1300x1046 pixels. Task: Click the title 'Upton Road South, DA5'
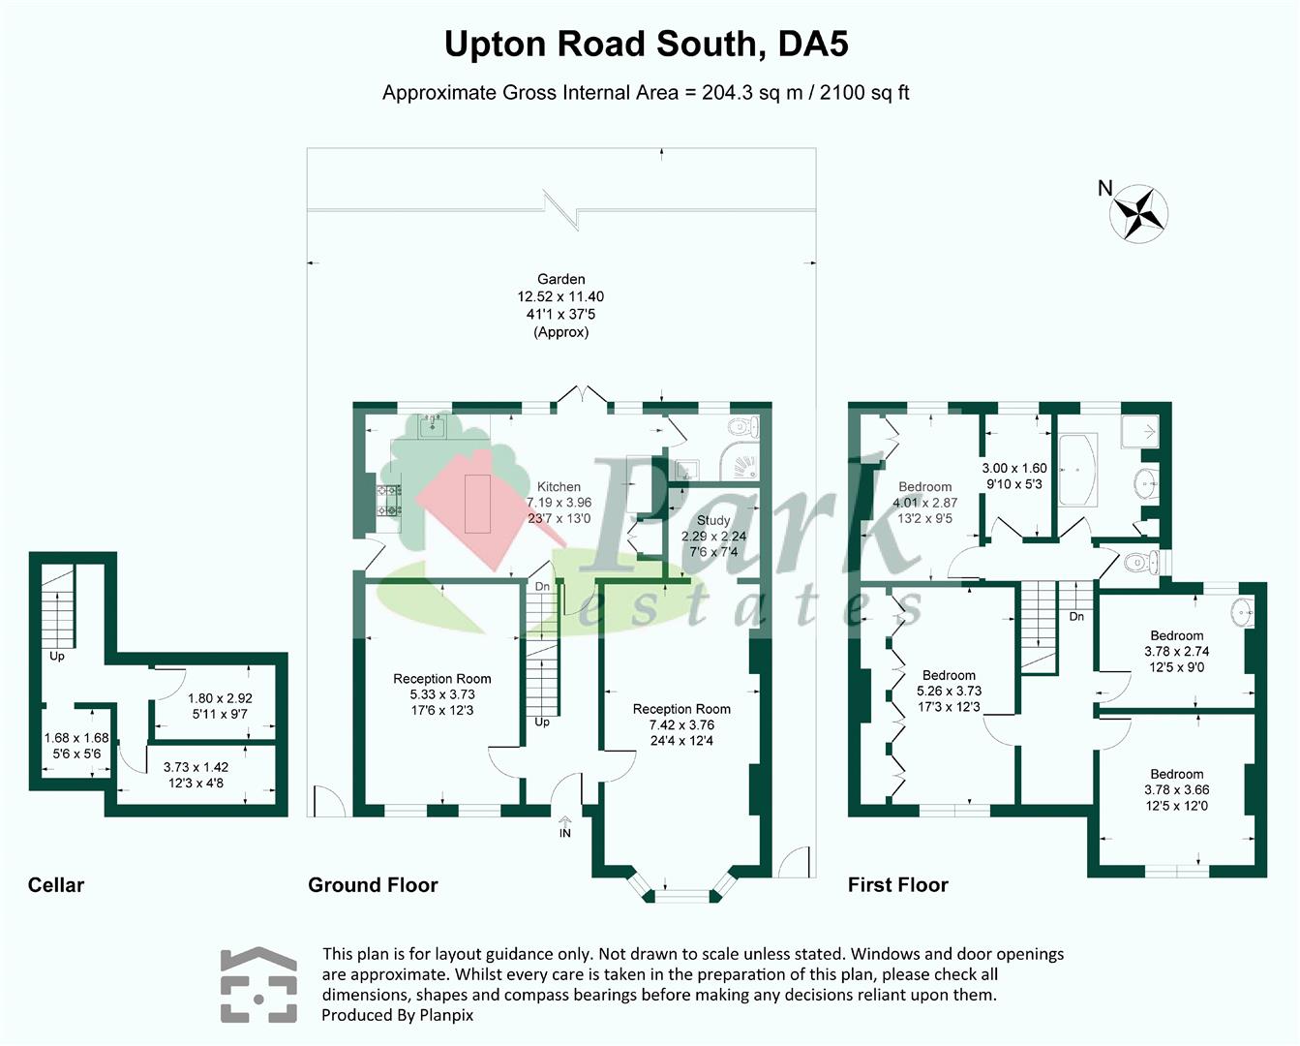647,45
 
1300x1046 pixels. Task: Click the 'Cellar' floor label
55,884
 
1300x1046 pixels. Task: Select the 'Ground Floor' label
373,884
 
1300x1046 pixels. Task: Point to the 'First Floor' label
897,884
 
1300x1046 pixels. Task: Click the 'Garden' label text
561,279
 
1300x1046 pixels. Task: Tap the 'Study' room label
713,520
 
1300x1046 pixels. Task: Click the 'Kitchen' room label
559,487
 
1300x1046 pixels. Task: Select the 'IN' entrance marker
565,833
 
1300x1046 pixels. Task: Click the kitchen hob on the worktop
389,502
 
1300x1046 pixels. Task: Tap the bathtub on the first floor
1078,469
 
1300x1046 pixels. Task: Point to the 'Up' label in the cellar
57,656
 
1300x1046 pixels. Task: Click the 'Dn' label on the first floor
1076,616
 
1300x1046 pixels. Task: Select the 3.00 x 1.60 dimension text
1014,468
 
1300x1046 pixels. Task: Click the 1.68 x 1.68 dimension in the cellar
76,738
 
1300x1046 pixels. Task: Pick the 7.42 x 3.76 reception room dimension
682,724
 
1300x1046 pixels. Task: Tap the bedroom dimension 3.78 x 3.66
1177,789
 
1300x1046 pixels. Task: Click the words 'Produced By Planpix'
398,1015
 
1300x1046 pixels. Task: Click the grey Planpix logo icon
258,984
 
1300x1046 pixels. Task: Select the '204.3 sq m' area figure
752,93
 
